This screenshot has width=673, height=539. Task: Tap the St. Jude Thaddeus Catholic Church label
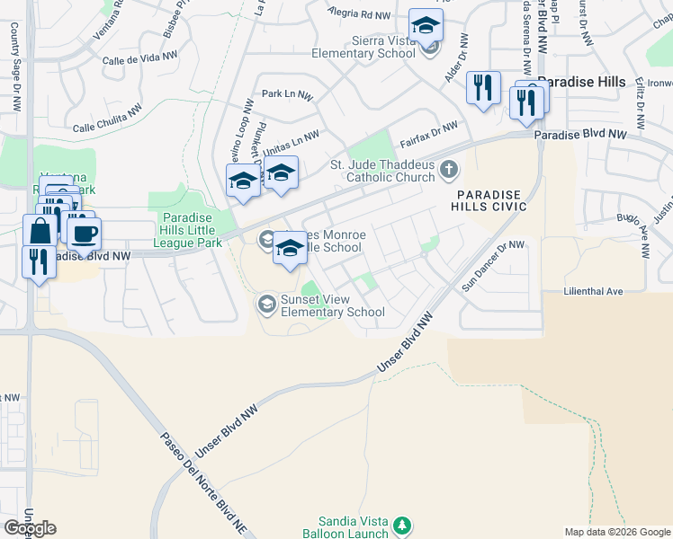(x=382, y=171)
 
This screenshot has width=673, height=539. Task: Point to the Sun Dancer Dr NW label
(x=492, y=265)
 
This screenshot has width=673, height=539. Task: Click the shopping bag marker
(x=41, y=231)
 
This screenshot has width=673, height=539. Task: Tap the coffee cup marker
(x=85, y=234)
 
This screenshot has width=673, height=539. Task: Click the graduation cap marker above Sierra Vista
(x=426, y=25)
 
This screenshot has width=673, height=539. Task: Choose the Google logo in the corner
(x=30, y=527)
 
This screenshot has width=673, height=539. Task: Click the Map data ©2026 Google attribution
(x=617, y=532)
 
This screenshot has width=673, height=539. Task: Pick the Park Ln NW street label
(x=287, y=94)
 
